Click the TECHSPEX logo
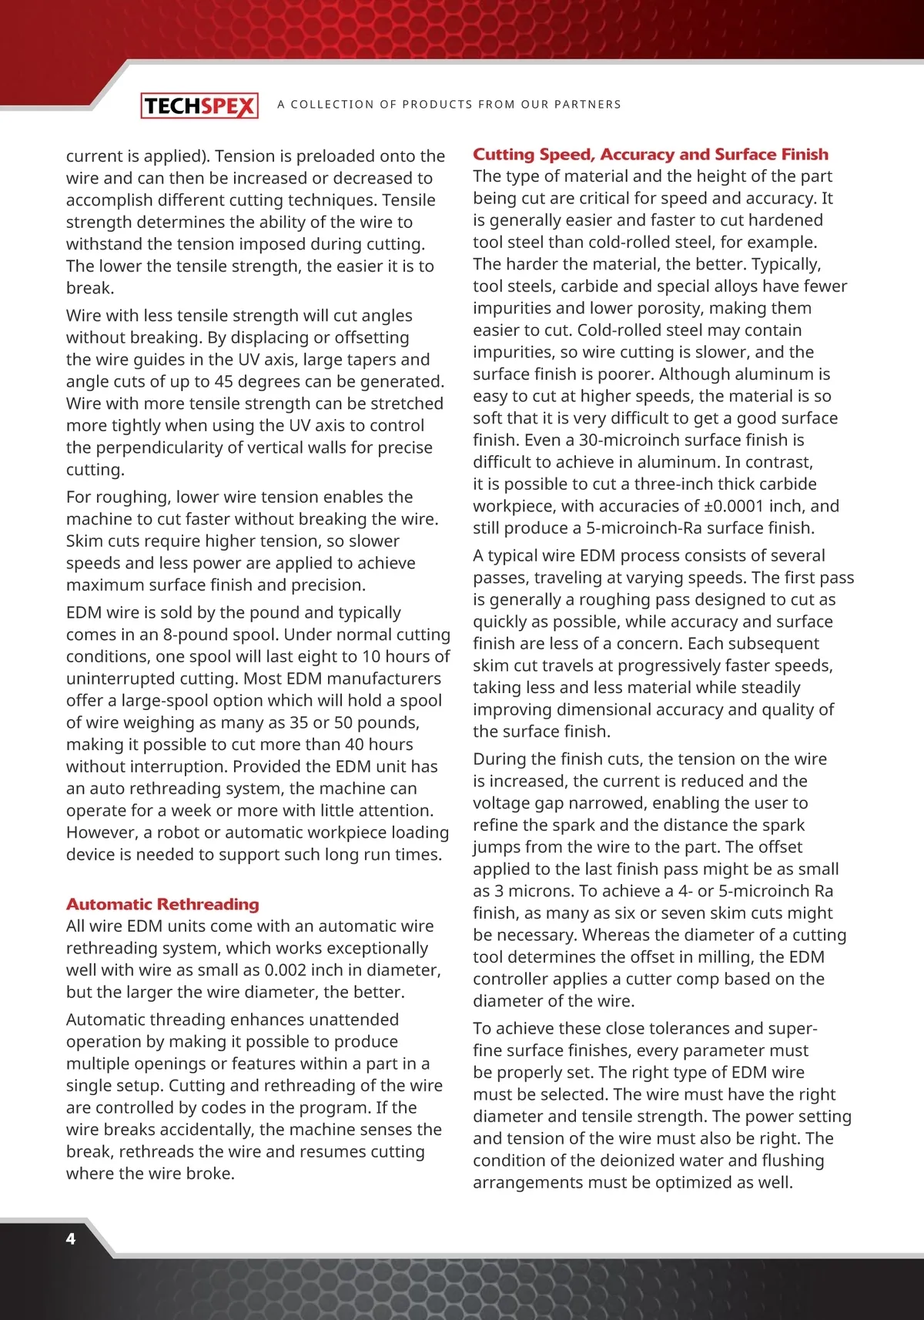tap(199, 106)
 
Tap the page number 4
tap(71, 1238)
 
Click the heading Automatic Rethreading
tap(162, 904)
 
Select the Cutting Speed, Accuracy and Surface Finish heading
tap(651, 154)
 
